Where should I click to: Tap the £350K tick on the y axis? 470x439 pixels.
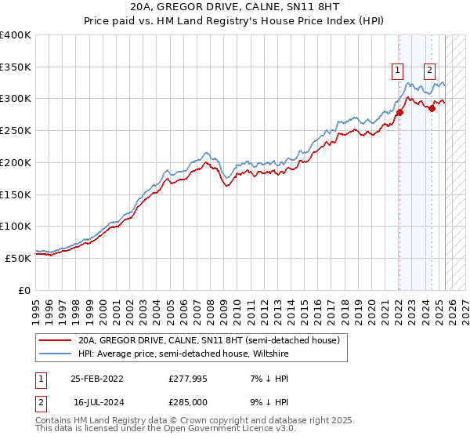tap(16, 67)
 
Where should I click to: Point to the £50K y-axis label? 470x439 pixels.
tap(18, 257)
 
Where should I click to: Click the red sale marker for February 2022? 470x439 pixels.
tap(399, 112)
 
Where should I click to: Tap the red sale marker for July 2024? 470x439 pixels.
tap(432, 109)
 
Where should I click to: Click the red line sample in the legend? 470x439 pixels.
tap(55, 341)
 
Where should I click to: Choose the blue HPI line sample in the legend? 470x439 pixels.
tap(55, 354)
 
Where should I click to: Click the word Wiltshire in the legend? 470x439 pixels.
tap(272, 354)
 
